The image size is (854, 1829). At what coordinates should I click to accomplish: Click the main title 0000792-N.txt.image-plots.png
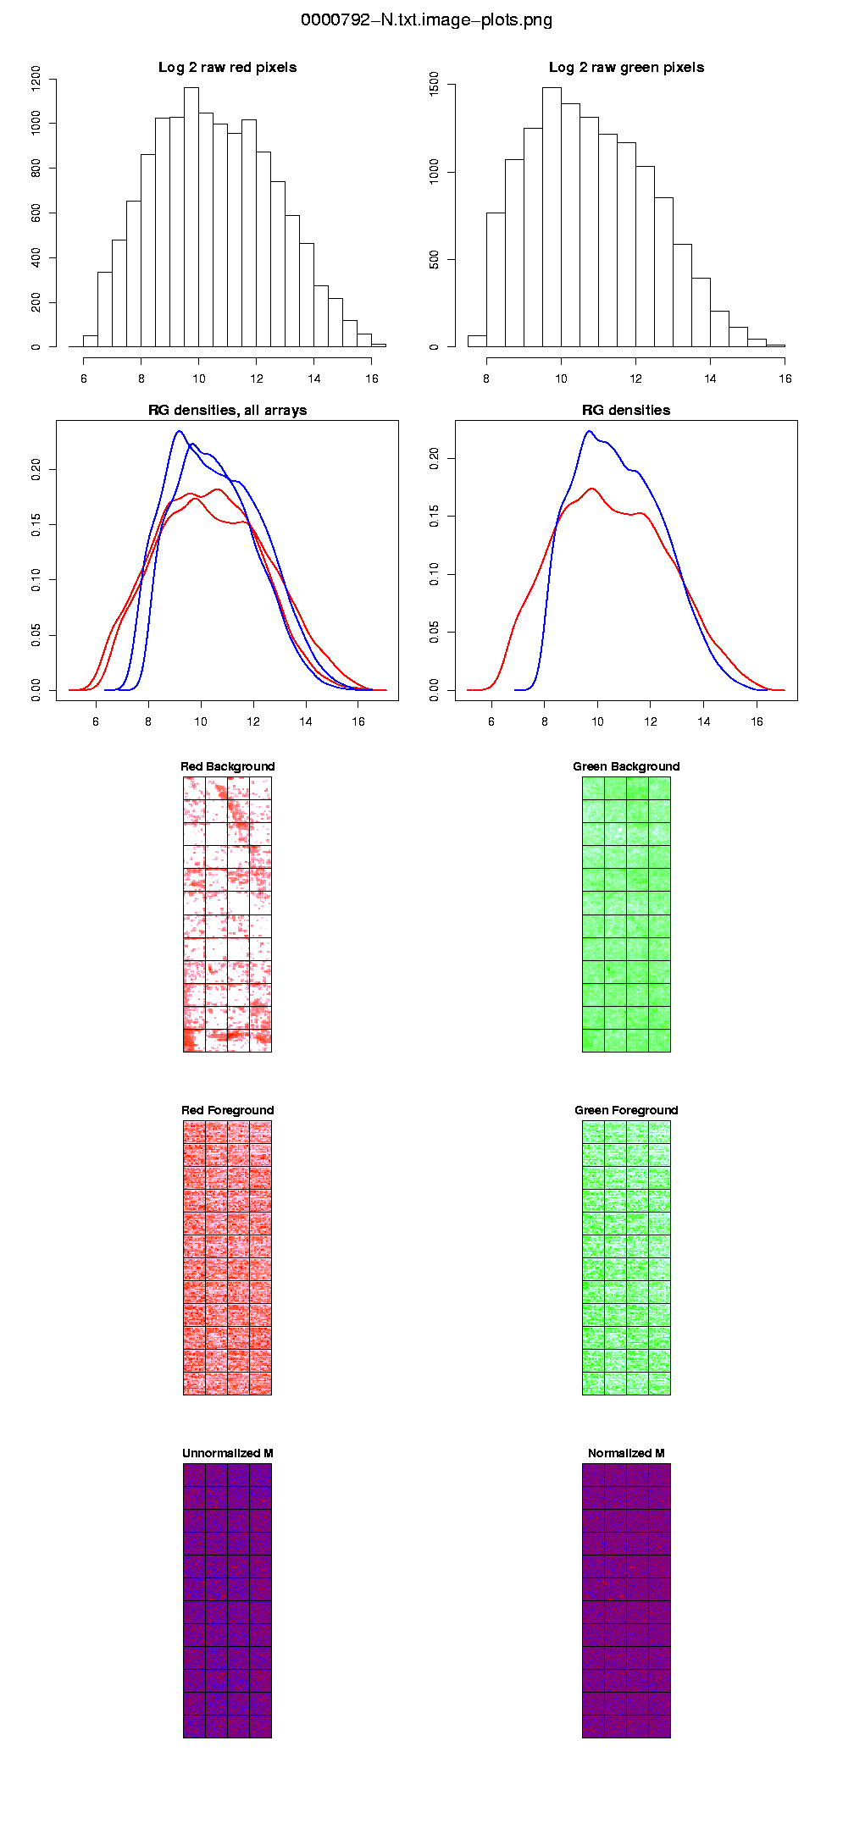[x=426, y=20]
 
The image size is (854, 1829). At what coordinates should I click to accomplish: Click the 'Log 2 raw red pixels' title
[x=227, y=68]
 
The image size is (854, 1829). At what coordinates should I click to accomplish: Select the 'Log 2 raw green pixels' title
[x=626, y=68]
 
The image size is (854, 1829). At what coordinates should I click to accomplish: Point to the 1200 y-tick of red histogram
[x=36, y=79]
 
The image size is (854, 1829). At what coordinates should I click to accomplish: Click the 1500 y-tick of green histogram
[x=435, y=85]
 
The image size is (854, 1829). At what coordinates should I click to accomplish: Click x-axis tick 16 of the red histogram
[x=372, y=379]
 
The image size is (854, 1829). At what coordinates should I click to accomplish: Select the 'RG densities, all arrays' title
[x=227, y=411]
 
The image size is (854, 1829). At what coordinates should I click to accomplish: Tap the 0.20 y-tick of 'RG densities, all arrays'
[x=36, y=469]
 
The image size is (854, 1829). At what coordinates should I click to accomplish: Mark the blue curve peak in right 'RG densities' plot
[x=590, y=432]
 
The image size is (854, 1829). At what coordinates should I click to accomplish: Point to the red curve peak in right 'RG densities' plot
[x=592, y=489]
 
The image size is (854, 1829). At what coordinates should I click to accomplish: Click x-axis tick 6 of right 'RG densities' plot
[x=491, y=721]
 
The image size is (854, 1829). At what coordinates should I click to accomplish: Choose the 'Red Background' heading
[x=227, y=767]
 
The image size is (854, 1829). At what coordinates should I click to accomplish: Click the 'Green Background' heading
[x=626, y=767]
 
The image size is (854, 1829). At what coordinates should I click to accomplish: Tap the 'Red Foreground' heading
[x=227, y=1111]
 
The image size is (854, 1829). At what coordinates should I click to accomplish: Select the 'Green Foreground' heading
[x=626, y=1111]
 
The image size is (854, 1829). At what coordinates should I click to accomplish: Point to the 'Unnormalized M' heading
[x=227, y=1454]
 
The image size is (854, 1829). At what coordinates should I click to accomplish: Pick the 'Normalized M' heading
[x=626, y=1454]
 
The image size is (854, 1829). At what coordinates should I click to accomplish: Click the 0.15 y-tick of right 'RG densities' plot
[x=435, y=517]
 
